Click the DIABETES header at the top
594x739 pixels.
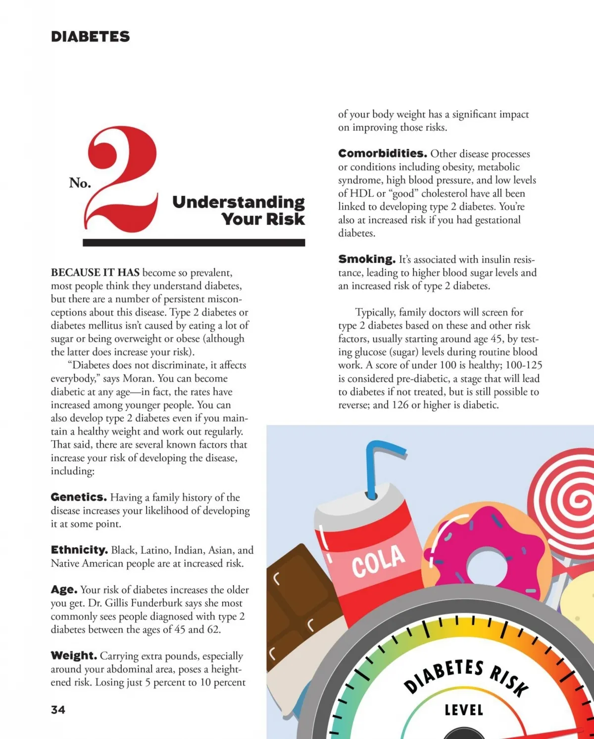click(x=90, y=37)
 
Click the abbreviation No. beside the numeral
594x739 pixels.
click(x=80, y=183)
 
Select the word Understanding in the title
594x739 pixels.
click(x=238, y=202)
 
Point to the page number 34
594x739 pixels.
click(x=58, y=710)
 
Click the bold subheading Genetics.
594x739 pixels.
click(x=79, y=497)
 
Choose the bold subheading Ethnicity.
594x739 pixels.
click(x=79, y=550)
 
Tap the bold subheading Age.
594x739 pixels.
click(x=64, y=590)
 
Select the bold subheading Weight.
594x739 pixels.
click(x=74, y=656)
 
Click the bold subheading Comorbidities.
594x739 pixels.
click(x=383, y=153)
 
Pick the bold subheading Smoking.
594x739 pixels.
click(x=367, y=259)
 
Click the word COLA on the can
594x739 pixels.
click(x=379, y=560)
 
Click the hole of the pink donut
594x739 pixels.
click(x=487, y=567)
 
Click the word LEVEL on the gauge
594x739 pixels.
click(x=464, y=710)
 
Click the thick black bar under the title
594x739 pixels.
click(x=194, y=243)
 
